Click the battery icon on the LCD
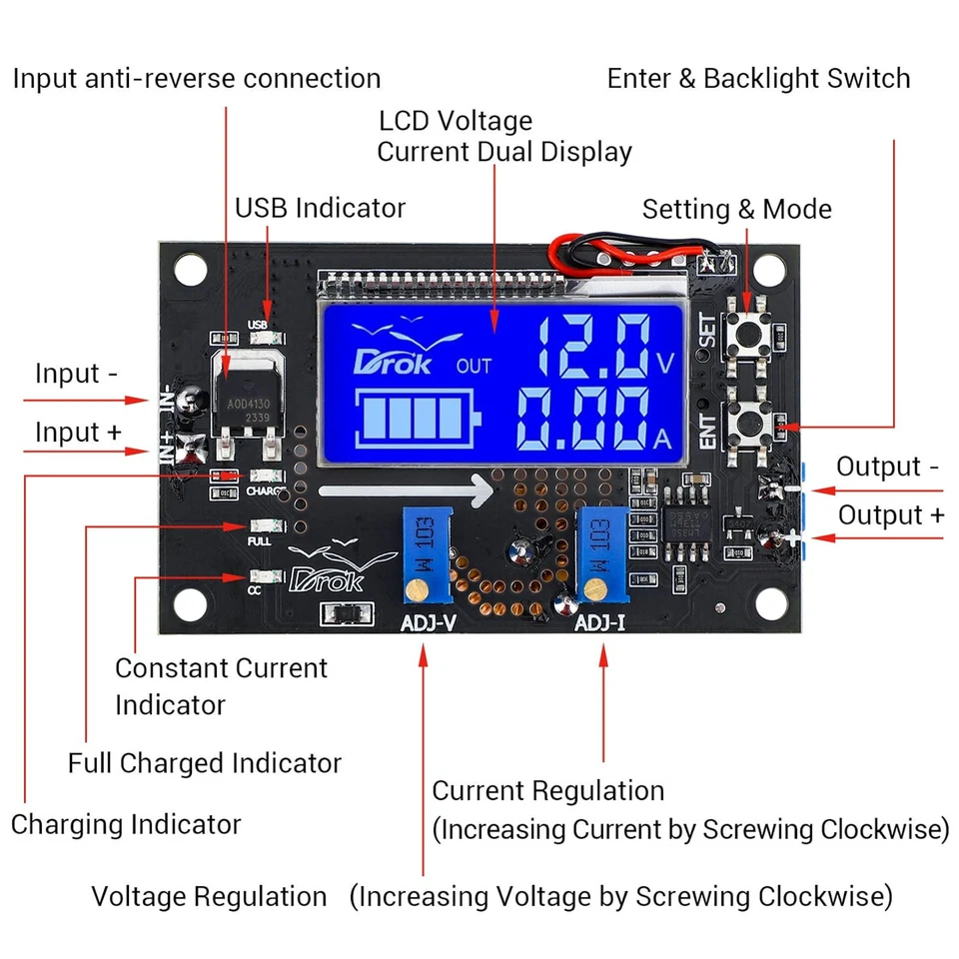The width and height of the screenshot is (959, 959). pos(416,419)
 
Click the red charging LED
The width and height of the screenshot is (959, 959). pos(227,476)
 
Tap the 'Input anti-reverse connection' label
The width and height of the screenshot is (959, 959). pos(197,79)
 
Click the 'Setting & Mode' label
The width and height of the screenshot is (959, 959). pos(736,209)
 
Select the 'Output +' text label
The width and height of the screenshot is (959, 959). pos(890,514)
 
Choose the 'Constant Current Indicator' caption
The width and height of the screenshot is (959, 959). pos(221,685)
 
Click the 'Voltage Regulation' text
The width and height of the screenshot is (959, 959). pos(209,896)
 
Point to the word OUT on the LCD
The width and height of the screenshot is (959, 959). pos(474,366)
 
